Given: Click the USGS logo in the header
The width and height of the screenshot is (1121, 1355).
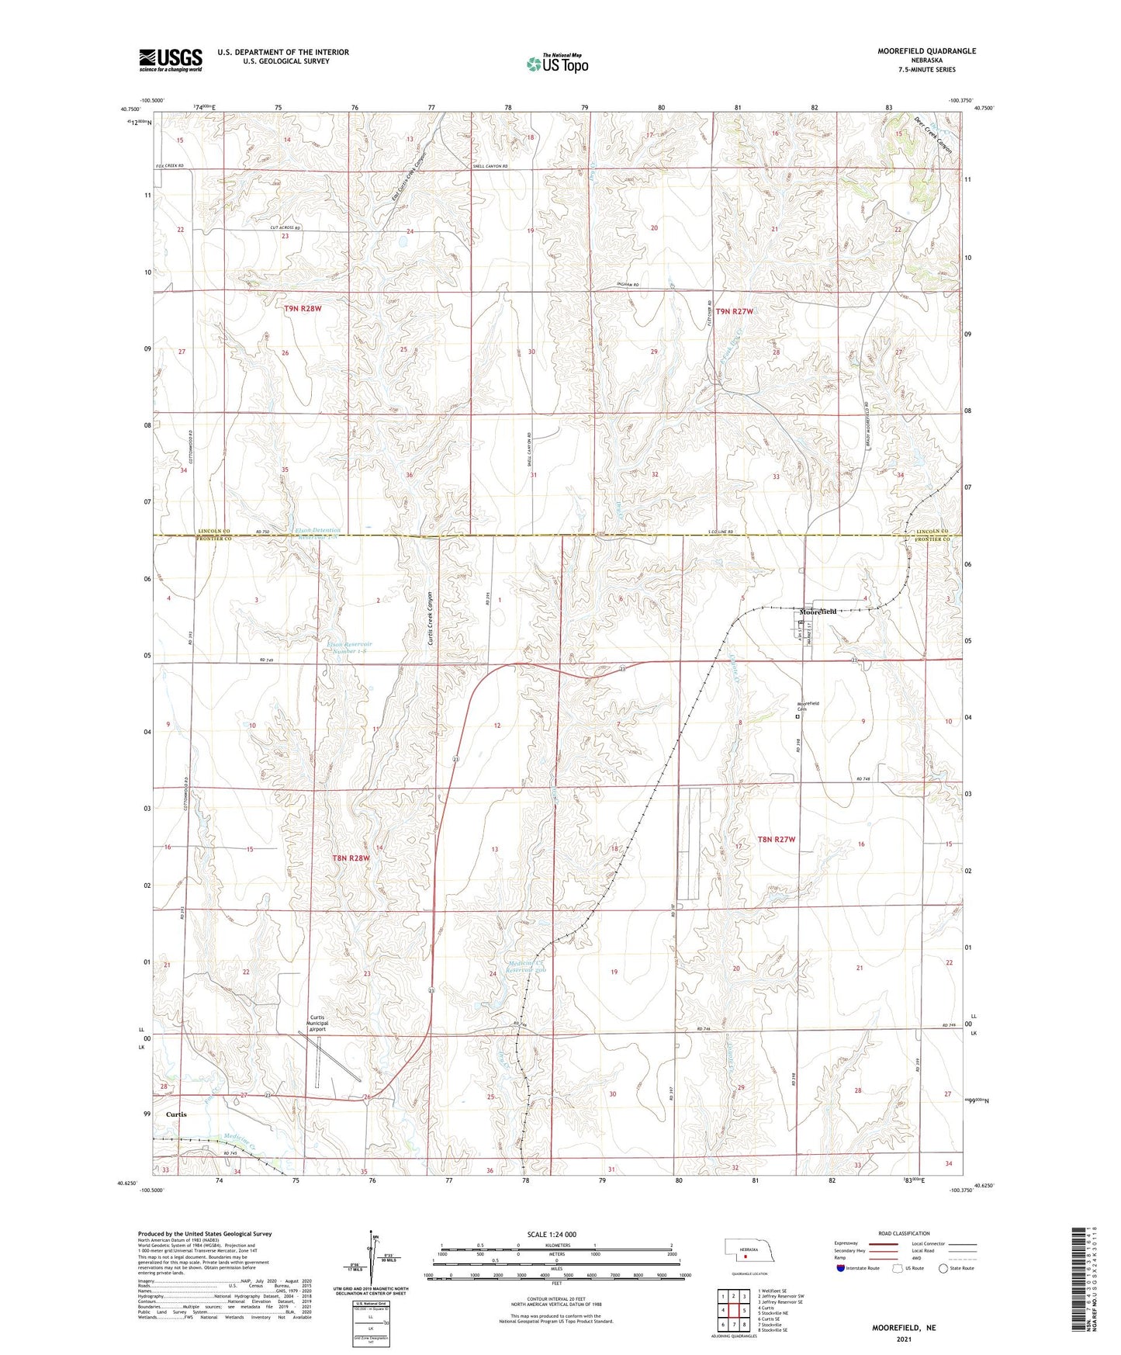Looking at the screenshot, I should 170,59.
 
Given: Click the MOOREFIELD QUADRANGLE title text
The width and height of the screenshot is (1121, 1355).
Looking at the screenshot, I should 915,51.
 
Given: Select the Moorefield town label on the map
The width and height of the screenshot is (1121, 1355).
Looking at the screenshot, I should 818,612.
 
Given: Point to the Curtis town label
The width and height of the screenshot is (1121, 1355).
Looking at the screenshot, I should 176,1114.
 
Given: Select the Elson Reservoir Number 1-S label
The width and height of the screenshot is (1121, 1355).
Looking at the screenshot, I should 349,647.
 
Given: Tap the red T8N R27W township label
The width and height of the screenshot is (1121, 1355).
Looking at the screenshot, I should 777,839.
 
